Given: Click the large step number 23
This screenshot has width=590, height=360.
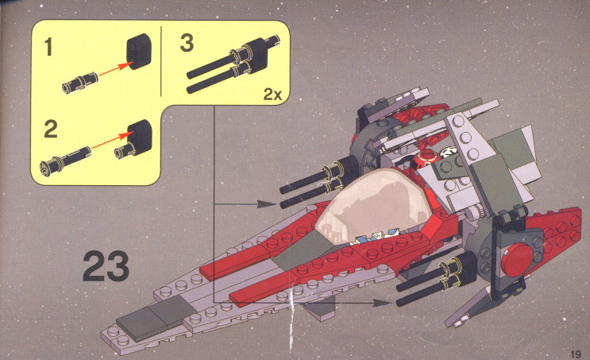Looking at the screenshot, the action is [106, 266].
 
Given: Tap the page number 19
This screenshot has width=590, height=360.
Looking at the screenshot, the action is [576, 354].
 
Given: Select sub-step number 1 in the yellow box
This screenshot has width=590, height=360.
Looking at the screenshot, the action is [48, 47].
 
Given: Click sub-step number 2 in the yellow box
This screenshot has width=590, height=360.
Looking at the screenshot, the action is [51, 130].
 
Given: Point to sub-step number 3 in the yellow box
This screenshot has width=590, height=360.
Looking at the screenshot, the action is [187, 43].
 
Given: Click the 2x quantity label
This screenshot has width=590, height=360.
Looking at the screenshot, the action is [273, 94].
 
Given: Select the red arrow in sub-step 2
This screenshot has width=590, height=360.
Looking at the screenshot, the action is [112, 140].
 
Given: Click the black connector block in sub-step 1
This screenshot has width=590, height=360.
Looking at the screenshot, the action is [138, 52].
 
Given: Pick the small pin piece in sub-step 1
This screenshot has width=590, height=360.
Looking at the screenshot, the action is [79, 83].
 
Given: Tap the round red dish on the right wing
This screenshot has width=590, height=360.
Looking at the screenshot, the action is [518, 259].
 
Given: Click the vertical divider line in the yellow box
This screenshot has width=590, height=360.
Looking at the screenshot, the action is [161, 61].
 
